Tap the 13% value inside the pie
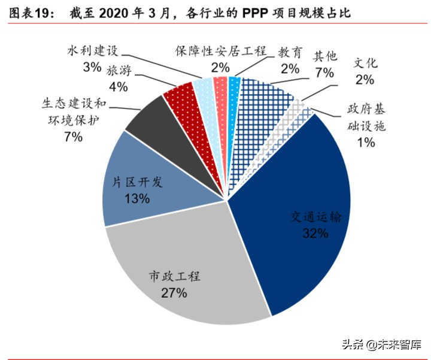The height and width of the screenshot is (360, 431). [137, 198]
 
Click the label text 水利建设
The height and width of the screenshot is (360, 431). [92, 50]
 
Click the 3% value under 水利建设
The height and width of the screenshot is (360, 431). [92, 67]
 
